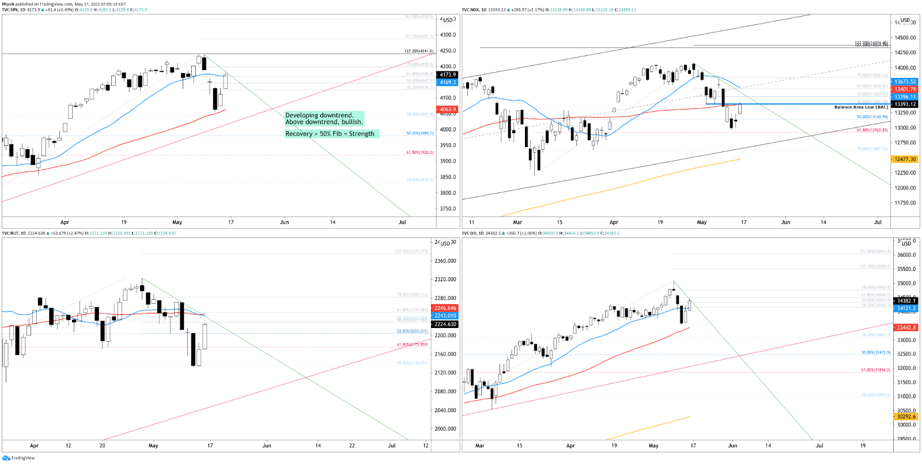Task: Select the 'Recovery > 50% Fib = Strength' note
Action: point(330,134)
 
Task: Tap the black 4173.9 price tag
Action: point(448,74)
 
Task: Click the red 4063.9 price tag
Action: point(448,109)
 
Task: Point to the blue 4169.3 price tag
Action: point(448,82)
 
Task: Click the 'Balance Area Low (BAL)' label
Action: point(861,107)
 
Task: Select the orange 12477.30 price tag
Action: point(905,159)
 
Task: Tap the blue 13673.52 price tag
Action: point(905,82)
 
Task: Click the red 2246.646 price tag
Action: point(445,308)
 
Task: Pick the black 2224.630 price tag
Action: point(445,324)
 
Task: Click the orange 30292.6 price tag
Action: point(906,417)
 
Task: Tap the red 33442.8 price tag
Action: point(906,327)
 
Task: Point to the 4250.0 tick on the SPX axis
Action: point(448,51)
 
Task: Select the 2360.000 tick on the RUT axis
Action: point(445,261)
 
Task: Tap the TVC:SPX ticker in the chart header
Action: point(10,10)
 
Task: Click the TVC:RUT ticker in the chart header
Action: point(10,233)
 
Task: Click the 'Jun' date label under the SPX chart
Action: point(284,222)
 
